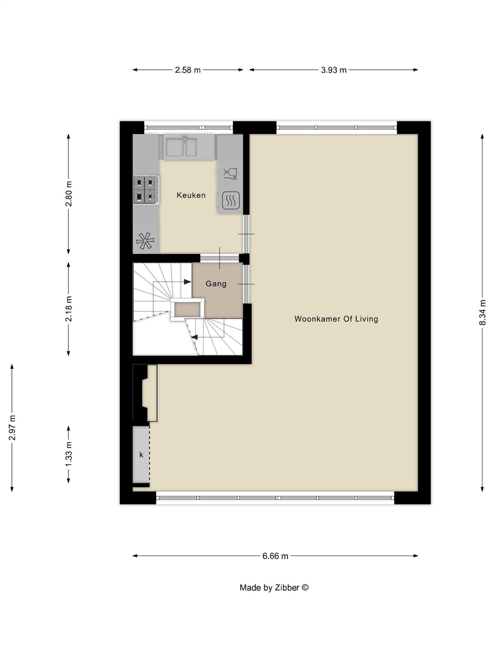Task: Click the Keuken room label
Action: point(191,195)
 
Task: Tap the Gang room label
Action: point(216,284)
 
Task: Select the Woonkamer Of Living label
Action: point(336,319)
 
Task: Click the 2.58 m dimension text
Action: point(188,70)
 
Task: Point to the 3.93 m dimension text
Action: point(334,70)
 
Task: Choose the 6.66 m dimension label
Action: point(275,556)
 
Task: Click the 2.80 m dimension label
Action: point(69,194)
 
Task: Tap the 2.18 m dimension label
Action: point(69,309)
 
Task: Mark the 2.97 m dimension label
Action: point(12,428)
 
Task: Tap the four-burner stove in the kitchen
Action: point(146,190)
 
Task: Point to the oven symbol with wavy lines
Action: point(230,200)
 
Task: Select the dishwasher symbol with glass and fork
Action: point(230,174)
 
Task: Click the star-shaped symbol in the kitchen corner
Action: point(145,240)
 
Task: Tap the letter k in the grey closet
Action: point(141,455)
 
